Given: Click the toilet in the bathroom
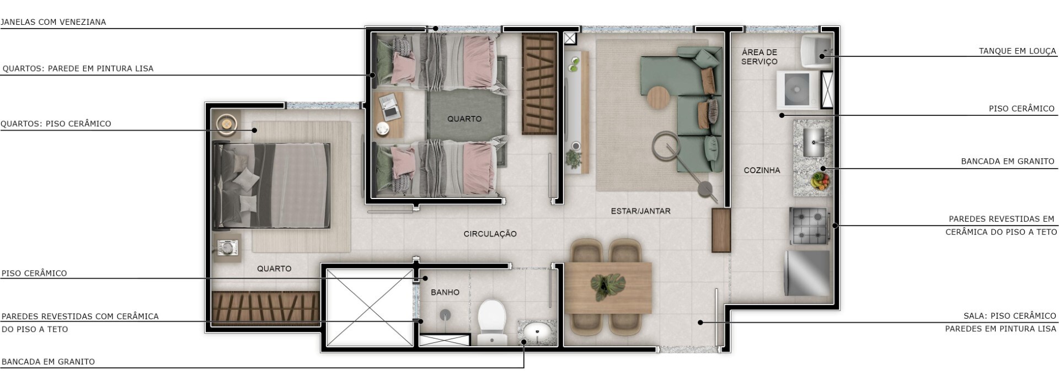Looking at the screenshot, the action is [x=491, y=322].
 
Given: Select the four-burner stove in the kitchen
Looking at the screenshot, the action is [x=809, y=225].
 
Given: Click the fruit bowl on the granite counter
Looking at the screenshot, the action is [x=820, y=180].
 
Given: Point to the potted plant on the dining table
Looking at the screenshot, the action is [x=608, y=284].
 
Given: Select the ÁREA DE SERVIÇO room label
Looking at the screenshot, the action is [x=759, y=57].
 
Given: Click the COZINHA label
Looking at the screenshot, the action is [x=762, y=170].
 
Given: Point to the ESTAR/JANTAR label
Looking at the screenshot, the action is [x=640, y=211].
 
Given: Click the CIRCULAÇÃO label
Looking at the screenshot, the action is [x=490, y=234].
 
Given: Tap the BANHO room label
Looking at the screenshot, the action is [x=445, y=292].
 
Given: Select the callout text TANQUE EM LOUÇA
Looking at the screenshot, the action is [x=1017, y=51].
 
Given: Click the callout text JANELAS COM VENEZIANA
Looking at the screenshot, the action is [x=53, y=22].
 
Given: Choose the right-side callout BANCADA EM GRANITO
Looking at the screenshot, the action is [x=1007, y=162].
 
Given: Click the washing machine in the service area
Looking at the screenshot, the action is [x=797, y=89].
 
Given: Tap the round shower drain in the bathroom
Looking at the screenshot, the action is [x=445, y=315].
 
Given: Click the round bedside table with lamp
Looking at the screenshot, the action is [x=226, y=124].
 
